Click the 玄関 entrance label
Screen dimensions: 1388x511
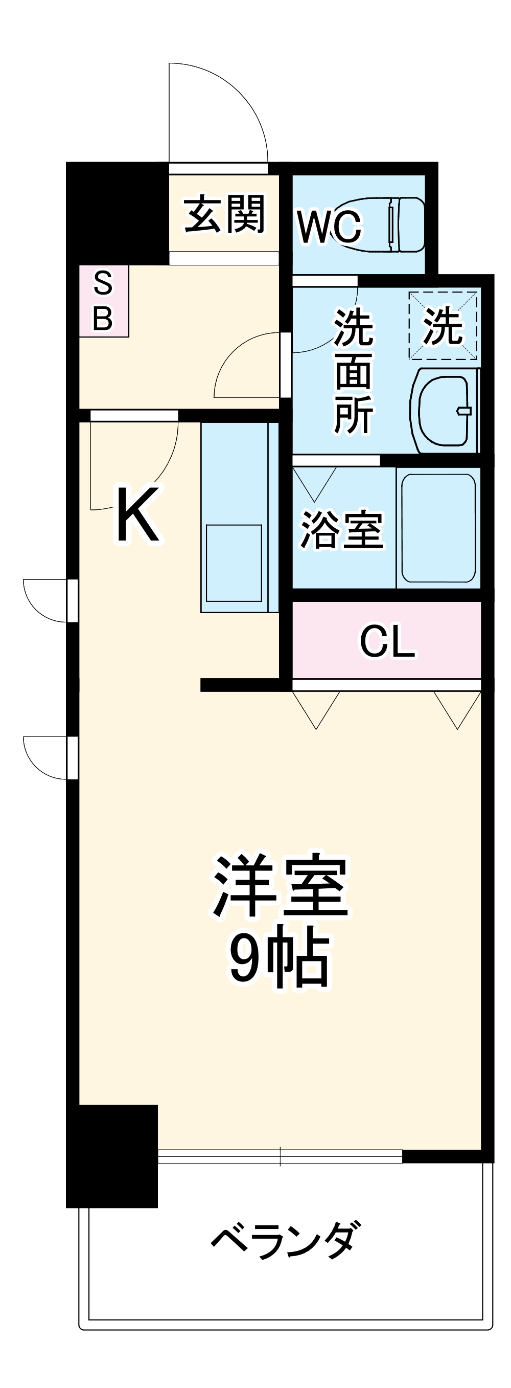[224, 214]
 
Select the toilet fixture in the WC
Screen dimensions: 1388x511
[405, 224]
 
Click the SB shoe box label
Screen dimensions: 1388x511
[103, 301]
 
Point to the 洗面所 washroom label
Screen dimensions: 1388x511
[353, 371]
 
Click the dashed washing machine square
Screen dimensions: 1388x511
[443, 325]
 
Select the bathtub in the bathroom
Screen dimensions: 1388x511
[438, 528]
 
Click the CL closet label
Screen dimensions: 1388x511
[387, 641]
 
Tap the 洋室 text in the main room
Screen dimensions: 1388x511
[280, 886]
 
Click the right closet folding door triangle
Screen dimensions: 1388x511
[458, 708]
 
